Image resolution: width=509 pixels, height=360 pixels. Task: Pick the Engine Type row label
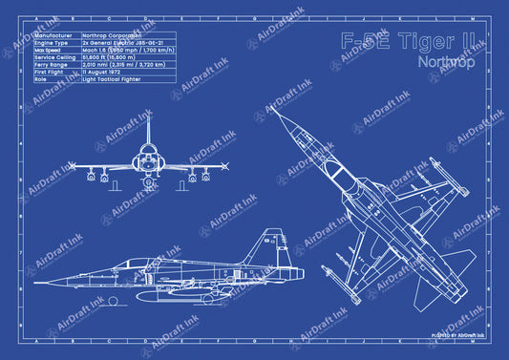pos(53,44)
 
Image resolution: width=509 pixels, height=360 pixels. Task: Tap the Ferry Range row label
pos(53,65)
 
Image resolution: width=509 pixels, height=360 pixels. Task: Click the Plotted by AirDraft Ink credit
pos(458,335)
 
